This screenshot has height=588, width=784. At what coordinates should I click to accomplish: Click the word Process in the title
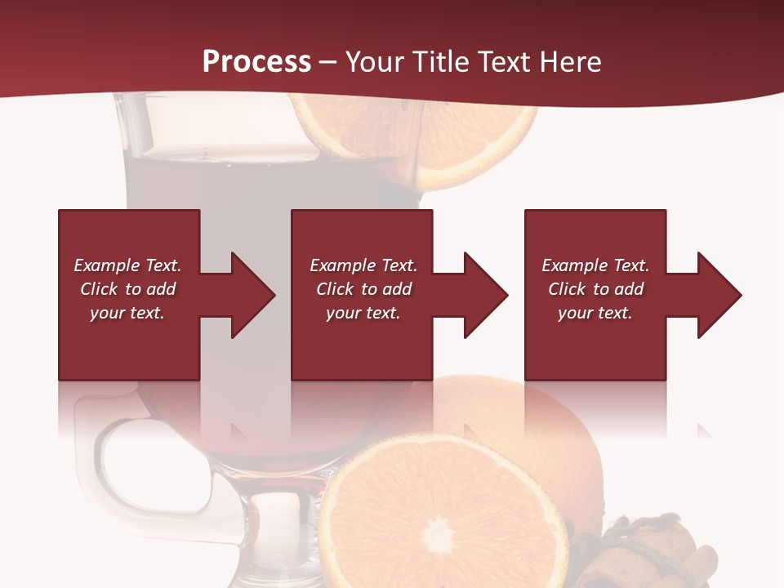tap(256, 62)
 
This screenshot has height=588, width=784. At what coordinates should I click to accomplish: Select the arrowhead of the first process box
tap(250, 295)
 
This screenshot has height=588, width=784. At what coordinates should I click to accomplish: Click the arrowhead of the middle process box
tap(483, 295)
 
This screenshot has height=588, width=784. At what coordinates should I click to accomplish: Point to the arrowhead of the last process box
tap(716, 295)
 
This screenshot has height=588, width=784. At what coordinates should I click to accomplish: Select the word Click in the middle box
tap(336, 289)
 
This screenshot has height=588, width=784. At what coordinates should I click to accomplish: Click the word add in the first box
tap(161, 289)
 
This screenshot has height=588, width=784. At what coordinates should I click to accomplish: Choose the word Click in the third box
tap(568, 289)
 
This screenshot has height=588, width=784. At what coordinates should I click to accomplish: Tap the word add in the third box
tap(629, 289)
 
